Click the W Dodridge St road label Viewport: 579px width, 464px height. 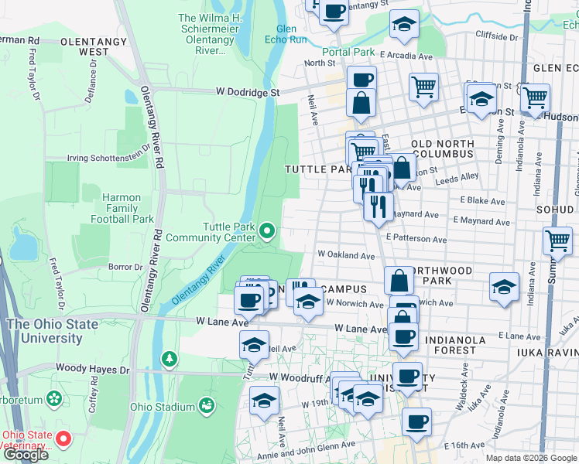pyautogui.click(x=247, y=92)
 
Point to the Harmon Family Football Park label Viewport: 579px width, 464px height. pyautogui.click(x=122, y=208)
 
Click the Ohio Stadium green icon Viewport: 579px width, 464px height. pyautogui.click(x=206, y=405)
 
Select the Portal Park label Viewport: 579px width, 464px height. pyautogui.click(x=348, y=53)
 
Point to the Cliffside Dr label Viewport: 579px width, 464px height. pyautogui.click(x=496, y=36)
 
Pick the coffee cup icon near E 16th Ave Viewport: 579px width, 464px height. pyautogui.click(x=416, y=422)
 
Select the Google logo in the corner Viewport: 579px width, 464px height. pyautogui.click(x=26, y=455)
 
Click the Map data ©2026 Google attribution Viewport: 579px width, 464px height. pyautogui.click(x=530, y=458)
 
